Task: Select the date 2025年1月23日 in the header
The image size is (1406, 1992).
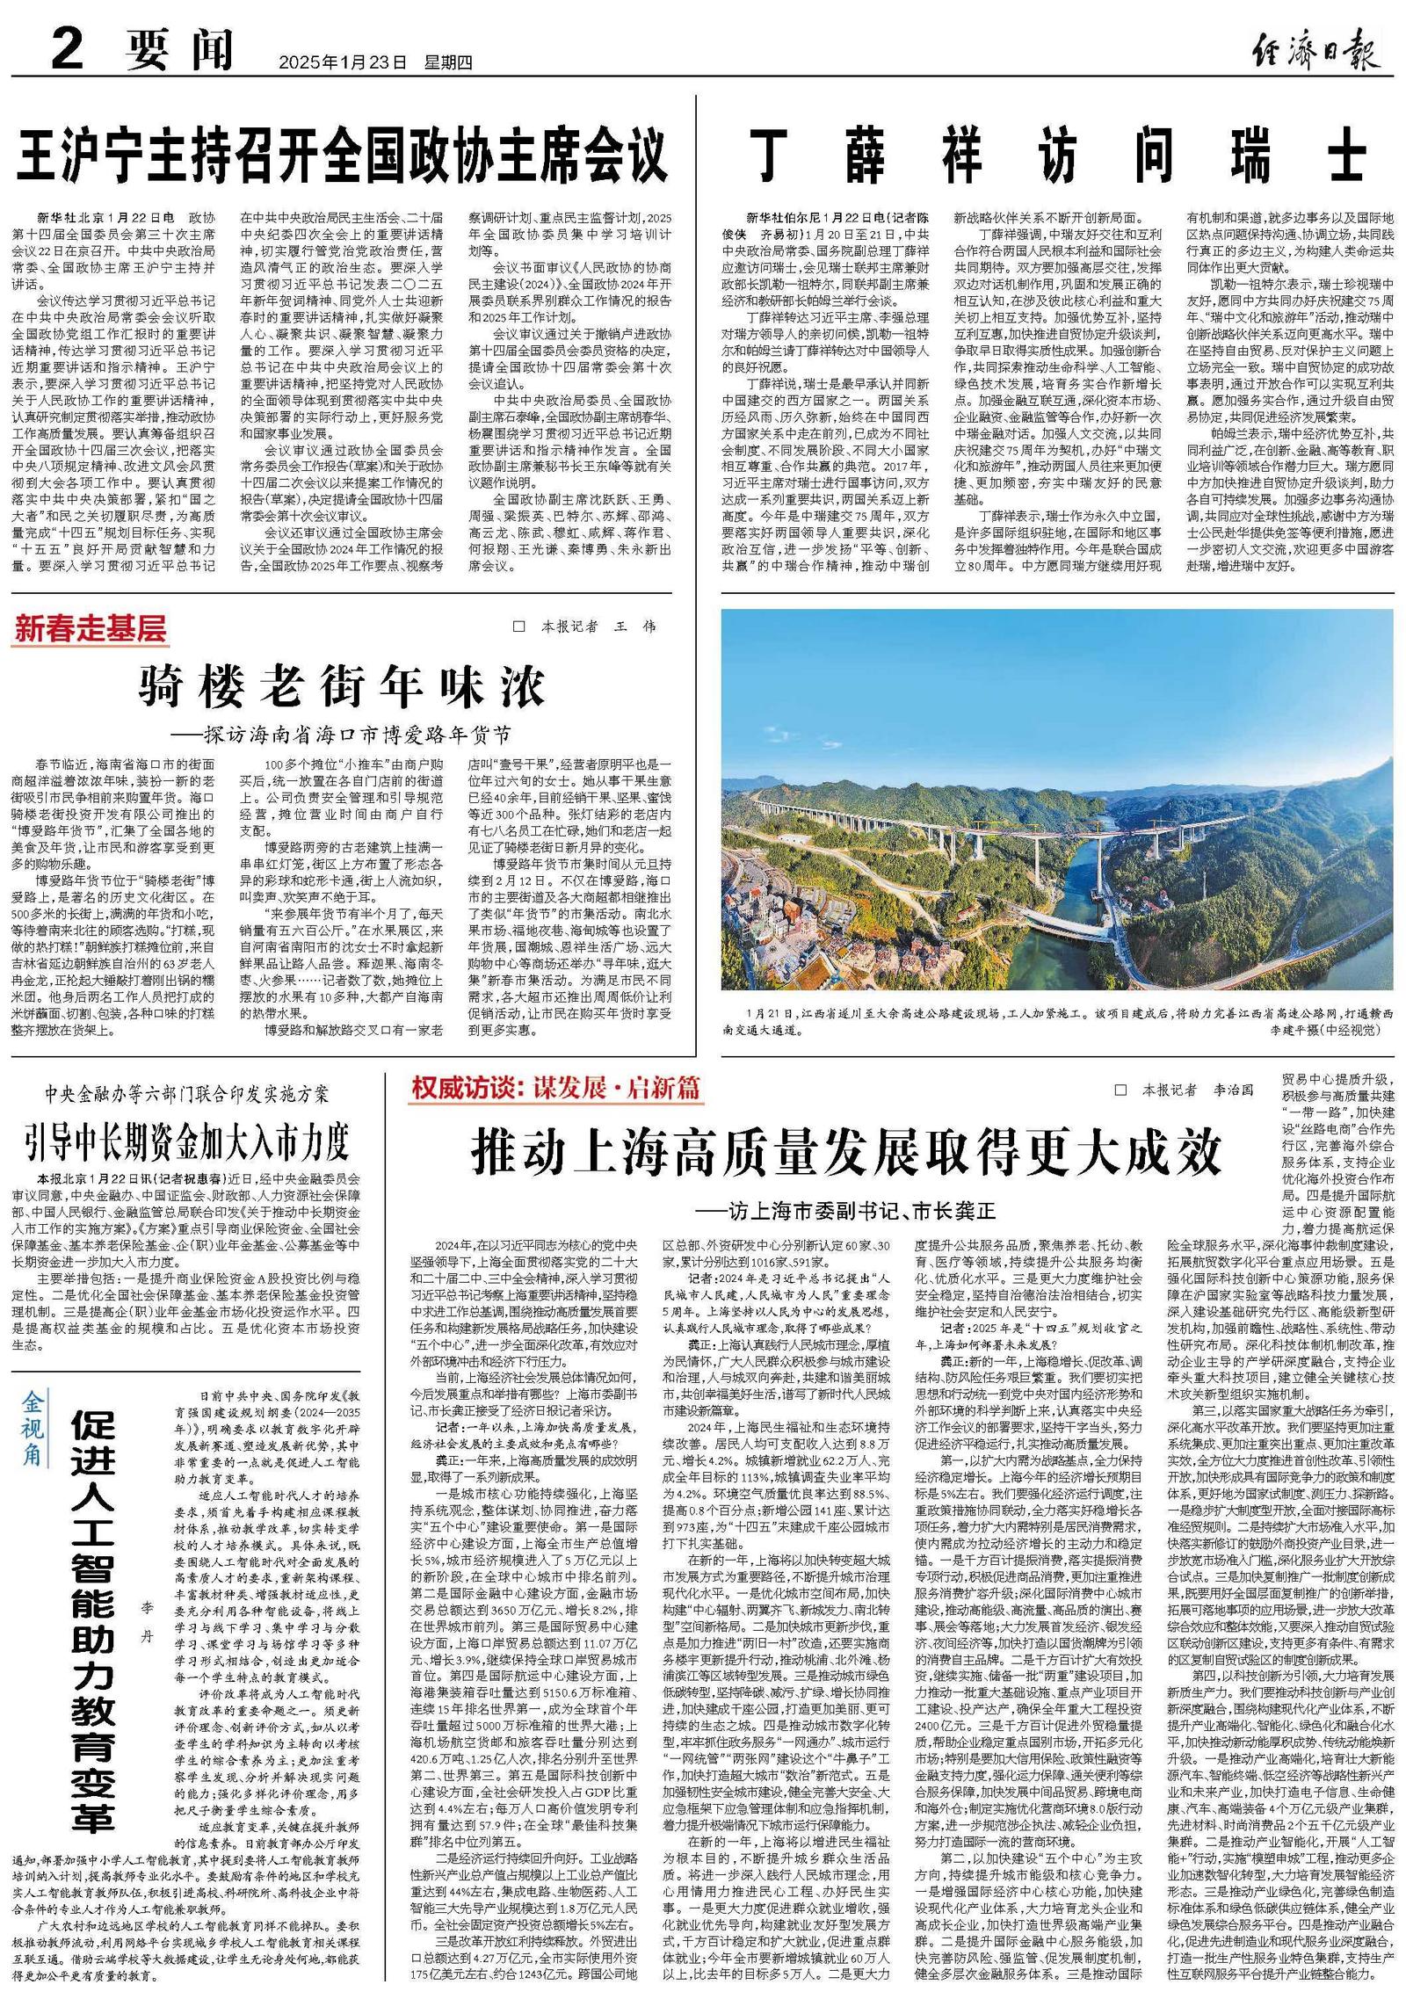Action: point(344,63)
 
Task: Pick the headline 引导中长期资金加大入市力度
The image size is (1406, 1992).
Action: point(186,1141)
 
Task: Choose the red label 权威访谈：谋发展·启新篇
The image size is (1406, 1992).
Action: point(556,1088)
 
